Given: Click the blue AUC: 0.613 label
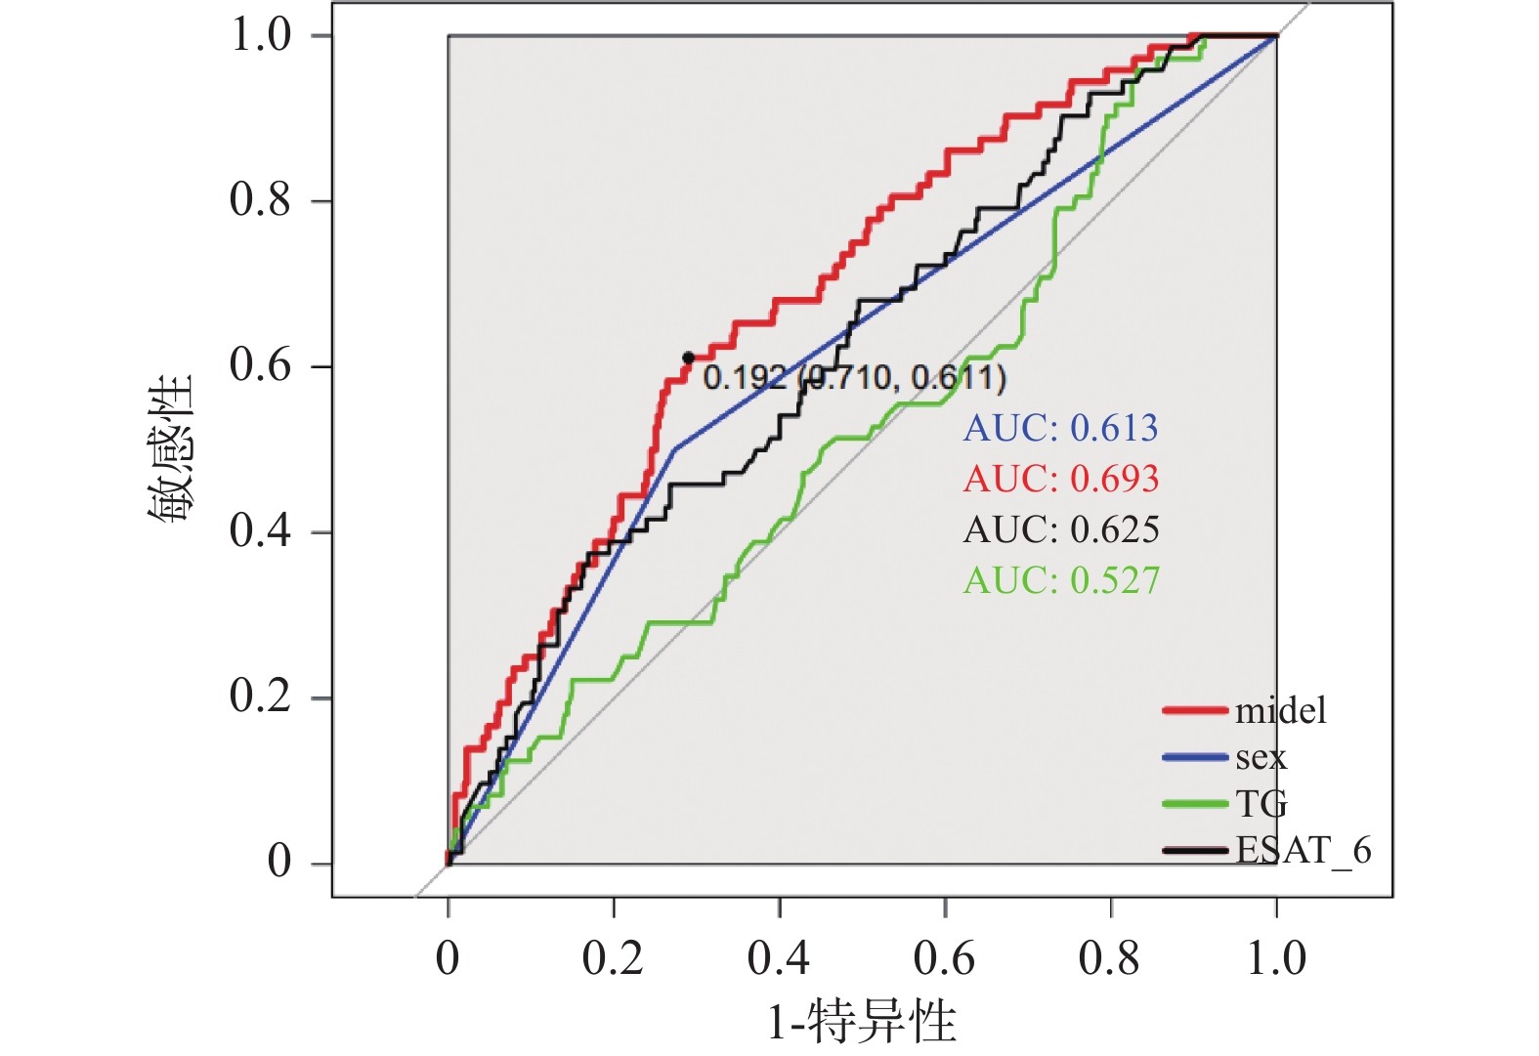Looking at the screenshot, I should point(1060,428).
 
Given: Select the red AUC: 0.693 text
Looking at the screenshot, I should point(1060,479).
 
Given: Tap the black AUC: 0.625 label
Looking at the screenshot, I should point(1060,529).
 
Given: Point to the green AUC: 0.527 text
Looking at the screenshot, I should point(1060,580).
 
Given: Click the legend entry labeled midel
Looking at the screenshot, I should point(1280,710).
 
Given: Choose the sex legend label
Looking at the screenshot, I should point(1261,757).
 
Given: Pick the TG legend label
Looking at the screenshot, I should point(1261,804).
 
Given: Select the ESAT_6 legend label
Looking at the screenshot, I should point(1303,851).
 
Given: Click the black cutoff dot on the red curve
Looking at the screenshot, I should point(688,359).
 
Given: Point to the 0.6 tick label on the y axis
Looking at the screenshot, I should point(260,365).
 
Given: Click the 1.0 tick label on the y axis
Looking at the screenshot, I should point(260,35).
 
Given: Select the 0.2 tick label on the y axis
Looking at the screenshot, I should point(260,696).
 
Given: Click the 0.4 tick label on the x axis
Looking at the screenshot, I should point(779,958).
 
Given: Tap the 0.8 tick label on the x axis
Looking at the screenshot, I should point(1110,958).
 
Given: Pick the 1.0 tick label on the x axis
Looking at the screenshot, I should point(1276,958).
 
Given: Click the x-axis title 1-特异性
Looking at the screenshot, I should point(861,1022).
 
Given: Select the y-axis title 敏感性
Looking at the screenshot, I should point(172,448).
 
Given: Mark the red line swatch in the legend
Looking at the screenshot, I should point(1194,710).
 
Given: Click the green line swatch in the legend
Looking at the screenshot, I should point(1194,804).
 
